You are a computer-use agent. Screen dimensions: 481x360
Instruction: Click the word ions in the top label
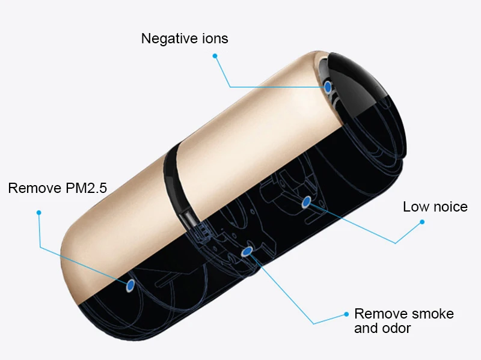click(212, 38)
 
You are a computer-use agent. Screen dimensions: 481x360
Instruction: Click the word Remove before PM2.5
click(34, 188)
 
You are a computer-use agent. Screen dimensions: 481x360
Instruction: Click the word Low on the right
click(415, 207)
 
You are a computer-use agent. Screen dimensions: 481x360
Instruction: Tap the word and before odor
click(366, 328)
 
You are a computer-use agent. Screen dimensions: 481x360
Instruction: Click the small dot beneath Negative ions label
click(215, 56)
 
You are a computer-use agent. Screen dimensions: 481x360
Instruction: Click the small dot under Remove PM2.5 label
click(38, 212)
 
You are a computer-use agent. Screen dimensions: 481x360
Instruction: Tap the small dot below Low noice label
click(422, 222)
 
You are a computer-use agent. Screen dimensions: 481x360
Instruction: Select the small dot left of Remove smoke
click(346, 314)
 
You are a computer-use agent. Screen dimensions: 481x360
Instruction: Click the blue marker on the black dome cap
click(327, 87)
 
